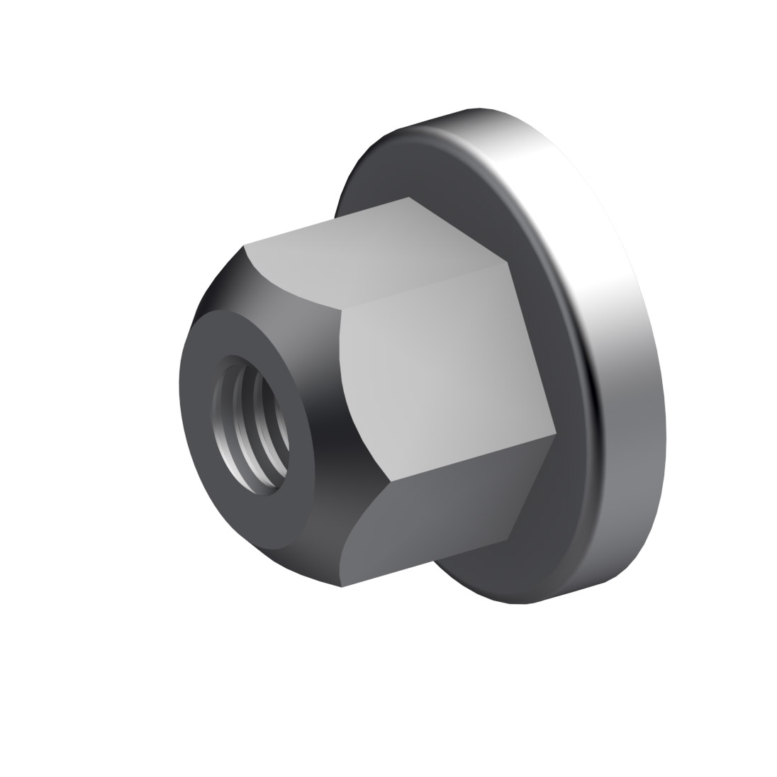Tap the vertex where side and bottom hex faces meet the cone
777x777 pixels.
pyautogui.click(x=389, y=484)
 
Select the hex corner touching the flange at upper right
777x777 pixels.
pyautogui.click(x=508, y=263)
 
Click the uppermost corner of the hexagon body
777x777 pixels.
pyautogui.click(x=409, y=196)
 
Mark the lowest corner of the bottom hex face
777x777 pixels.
pyautogui.click(x=342, y=587)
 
